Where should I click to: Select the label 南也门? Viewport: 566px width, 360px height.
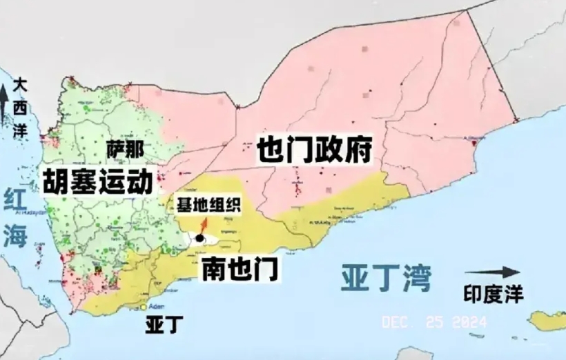pos(240,269)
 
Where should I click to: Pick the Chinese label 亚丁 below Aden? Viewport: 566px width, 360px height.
pos(159,325)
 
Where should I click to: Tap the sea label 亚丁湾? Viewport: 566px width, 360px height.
pos(386,278)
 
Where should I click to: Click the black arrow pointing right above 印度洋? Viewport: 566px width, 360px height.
pos(493,272)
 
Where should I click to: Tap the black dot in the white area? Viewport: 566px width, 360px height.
pos(199,239)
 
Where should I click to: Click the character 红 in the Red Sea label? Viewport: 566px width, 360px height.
pos(15,201)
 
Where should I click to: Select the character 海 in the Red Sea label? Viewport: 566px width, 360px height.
pos(15,237)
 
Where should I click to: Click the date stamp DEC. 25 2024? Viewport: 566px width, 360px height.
pos(433,322)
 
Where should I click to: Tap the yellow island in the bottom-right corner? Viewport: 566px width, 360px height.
pos(548,320)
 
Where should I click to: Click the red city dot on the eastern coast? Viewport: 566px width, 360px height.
pos(474,143)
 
